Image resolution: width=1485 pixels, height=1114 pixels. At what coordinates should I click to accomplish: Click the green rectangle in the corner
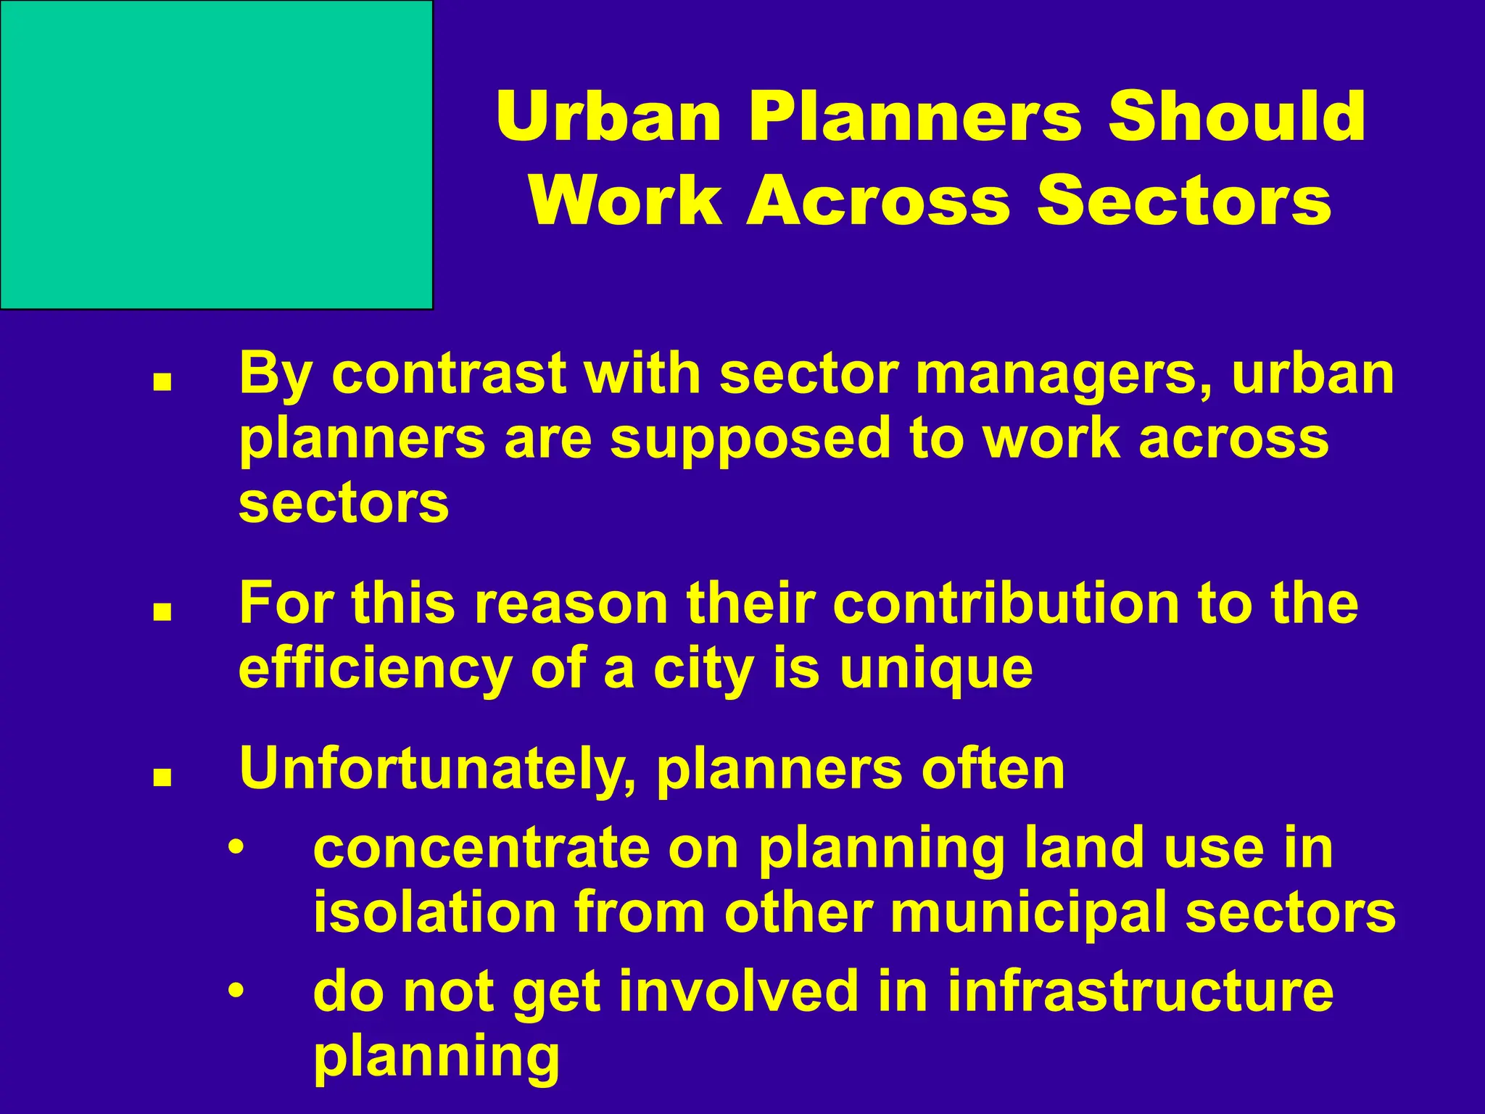(216, 154)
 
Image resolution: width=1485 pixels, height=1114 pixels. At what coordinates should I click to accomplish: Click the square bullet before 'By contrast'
(162, 381)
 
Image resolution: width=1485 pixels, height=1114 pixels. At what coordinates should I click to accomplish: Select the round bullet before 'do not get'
(234, 991)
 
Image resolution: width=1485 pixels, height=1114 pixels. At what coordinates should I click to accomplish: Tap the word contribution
(1006, 603)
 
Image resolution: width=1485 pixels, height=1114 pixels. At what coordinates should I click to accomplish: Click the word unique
(936, 669)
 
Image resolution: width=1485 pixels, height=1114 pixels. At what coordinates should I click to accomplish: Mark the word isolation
(434, 912)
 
